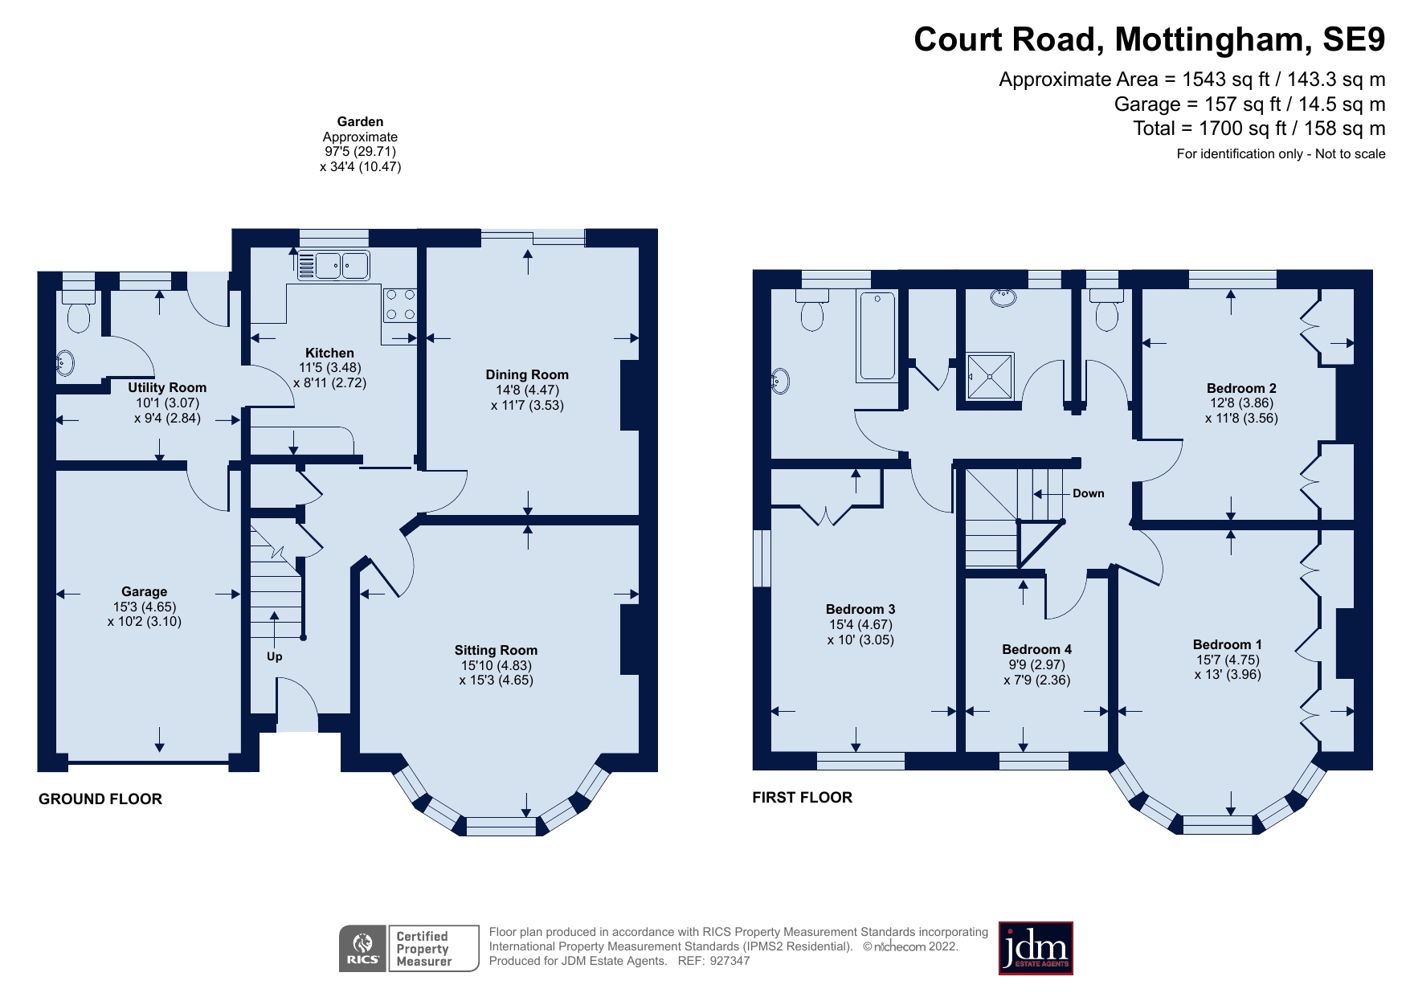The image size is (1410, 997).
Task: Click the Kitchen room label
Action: coord(329,353)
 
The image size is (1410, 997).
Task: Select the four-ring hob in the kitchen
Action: coord(399,305)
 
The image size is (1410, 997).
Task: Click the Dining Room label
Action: coord(527,374)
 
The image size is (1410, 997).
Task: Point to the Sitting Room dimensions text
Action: coord(496,672)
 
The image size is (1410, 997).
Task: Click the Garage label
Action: coord(145,591)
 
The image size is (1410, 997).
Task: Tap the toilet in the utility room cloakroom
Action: coord(79,314)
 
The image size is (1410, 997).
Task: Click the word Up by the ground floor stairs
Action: coord(274,656)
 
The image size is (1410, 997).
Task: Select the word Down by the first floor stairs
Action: coord(1088,493)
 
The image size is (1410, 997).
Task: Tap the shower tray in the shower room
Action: coord(990,375)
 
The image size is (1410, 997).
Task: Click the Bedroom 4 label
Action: coord(1036,649)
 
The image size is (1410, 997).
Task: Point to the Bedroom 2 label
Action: coord(1241,388)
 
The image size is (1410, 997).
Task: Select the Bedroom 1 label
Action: coord(1227,644)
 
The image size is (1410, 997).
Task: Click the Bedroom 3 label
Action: coord(860,609)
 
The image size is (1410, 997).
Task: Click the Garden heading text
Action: coord(360,122)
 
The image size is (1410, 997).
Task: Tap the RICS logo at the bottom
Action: coord(363,949)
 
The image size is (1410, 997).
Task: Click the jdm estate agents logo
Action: coord(1035,948)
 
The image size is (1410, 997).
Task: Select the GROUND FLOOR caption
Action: coord(100,799)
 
